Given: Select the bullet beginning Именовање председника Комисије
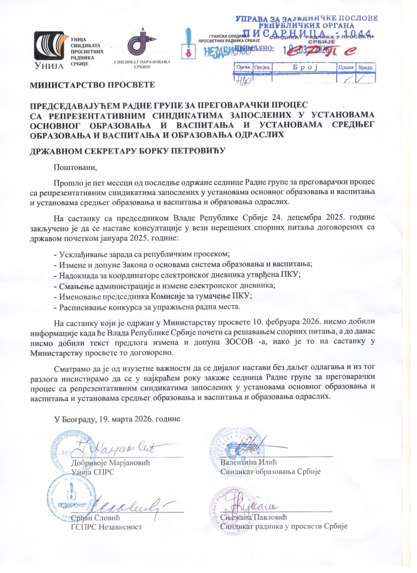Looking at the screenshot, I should (x=153, y=297).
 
